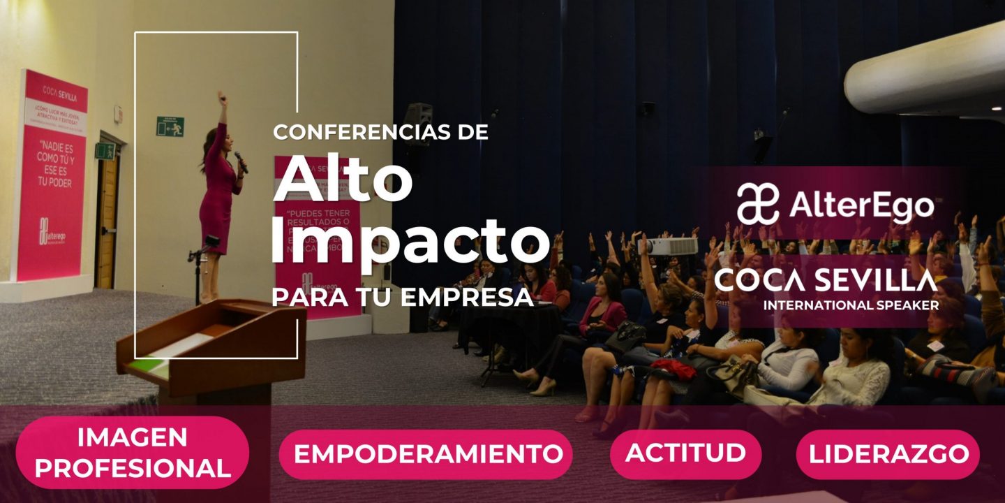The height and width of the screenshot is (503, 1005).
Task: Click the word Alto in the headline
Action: coord(343,180)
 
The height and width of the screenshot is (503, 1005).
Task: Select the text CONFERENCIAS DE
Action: coord(380,132)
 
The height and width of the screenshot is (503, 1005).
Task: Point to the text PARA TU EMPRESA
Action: coord(402,297)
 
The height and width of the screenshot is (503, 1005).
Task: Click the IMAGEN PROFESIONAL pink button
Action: coord(133,453)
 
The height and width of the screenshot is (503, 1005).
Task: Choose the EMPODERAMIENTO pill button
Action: coord(428,453)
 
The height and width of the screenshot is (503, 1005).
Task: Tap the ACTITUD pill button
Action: coord(685,453)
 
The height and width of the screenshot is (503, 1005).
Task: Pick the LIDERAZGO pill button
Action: coord(888,454)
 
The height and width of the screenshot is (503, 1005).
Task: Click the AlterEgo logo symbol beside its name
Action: coord(758,204)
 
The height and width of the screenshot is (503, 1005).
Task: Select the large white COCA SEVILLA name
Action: coord(826,280)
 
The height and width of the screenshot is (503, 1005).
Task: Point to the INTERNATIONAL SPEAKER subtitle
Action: coord(851,305)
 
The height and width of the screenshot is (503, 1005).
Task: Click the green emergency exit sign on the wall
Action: coord(170,126)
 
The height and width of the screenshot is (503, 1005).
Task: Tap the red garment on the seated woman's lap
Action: coord(674,368)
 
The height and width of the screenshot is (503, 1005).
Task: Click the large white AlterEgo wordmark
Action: coord(861,206)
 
